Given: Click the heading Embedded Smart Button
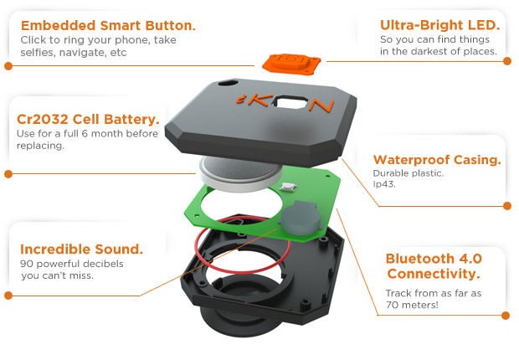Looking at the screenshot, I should [107, 25].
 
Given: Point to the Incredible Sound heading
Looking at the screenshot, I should [81, 249].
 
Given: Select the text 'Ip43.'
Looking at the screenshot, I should [384, 186].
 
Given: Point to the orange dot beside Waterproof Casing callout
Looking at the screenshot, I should [506, 205].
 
